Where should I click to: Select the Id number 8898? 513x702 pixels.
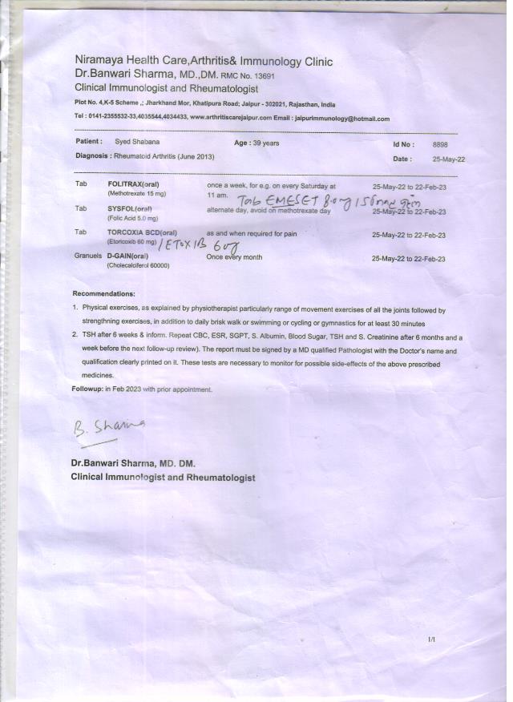tap(440, 144)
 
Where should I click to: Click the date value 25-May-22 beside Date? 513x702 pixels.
tap(449, 159)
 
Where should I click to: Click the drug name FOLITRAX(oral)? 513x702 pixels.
tap(133, 185)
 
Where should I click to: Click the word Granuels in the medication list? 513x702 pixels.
tap(87, 258)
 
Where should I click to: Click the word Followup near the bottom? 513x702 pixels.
tap(87, 389)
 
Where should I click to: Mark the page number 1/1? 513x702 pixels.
tap(432, 639)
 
